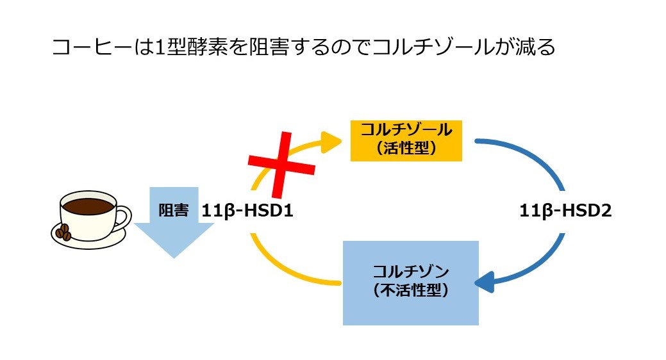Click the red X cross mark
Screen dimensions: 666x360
point(281,165)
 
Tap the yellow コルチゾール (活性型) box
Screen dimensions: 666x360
point(406,141)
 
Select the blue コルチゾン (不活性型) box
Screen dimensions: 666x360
point(411,283)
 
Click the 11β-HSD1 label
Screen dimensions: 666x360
point(247,211)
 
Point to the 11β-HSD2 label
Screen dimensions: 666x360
point(565,211)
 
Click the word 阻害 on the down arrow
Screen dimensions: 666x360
point(173,210)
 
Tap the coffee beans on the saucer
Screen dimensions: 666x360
point(63,233)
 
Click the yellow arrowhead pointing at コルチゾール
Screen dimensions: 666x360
point(331,142)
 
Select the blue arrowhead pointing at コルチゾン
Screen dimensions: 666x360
point(485,282)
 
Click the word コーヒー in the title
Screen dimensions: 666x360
point(93,47)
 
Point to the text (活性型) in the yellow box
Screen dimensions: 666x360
point(406,148)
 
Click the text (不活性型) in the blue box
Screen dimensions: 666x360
point(411,290)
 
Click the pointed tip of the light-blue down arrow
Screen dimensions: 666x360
point(174,258)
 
